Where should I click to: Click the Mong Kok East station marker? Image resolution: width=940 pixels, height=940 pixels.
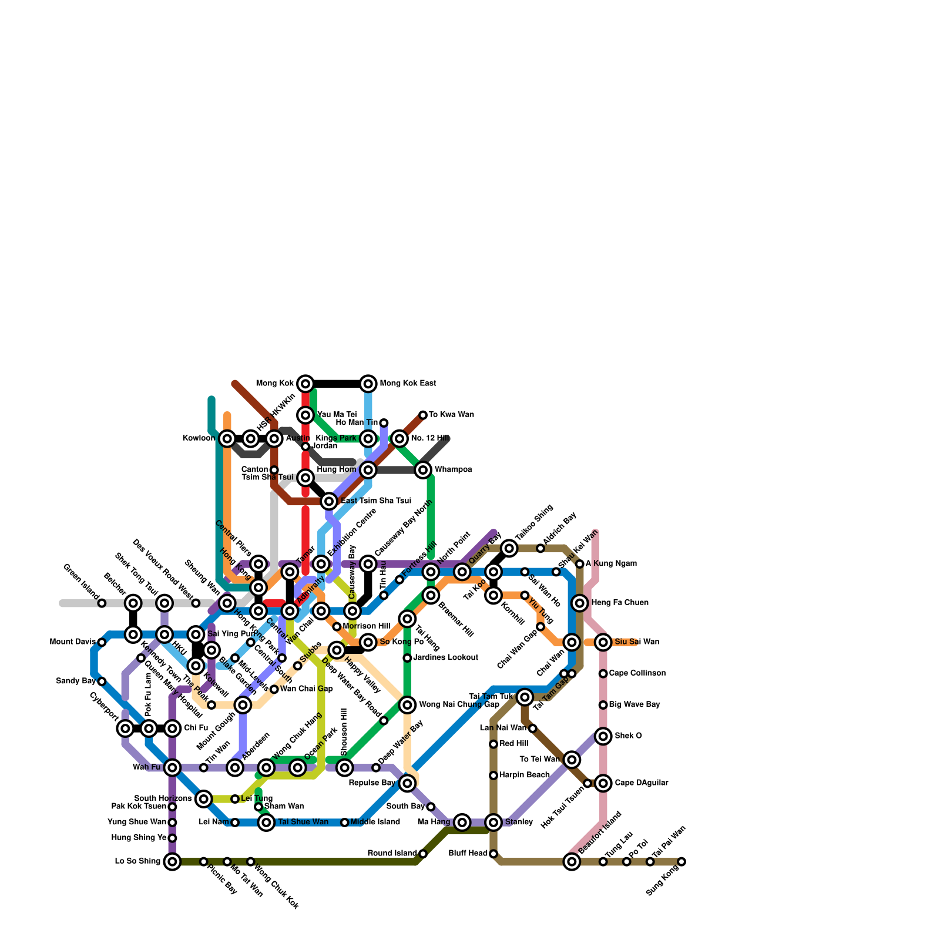tap(368, 384)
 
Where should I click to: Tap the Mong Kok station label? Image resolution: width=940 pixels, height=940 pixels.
tap(275, 384)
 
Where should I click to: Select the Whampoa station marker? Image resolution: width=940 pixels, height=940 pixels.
tap(423, 470)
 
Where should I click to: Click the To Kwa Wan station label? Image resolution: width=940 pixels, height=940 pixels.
tap(451, 415)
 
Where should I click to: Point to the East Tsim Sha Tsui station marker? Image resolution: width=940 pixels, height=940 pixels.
tap(330, 501)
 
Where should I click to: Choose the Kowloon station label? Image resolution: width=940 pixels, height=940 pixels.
tap(199, 438)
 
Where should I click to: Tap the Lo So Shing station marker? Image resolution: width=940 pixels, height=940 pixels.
tap(172, 862)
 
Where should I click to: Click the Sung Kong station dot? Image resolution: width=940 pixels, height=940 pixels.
tap(681, 862)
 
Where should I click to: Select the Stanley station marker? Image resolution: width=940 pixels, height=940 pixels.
tap(493, 822)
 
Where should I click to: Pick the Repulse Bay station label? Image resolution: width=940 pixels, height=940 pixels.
tap(372, 783)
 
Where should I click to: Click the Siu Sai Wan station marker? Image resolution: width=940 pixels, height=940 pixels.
tap(603, 642)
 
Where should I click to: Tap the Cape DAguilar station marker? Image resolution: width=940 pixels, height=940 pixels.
tap(603, 783)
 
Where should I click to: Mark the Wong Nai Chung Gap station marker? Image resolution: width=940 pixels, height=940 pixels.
tap(407, 705)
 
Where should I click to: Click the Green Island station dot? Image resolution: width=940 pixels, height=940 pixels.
tap(102, 603)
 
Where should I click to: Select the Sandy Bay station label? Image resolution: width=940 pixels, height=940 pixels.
tap(76, 681)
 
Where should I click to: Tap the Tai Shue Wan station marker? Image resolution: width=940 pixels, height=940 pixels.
tap(266, 822)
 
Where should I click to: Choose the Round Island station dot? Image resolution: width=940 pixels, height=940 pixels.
tap(423, 854)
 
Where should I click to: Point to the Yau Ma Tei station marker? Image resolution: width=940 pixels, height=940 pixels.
tap(305, 415)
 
